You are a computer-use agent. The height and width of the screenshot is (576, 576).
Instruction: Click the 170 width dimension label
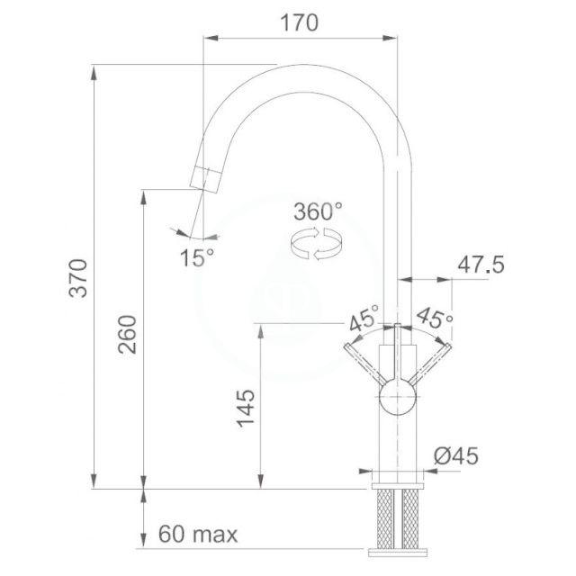[300, 22]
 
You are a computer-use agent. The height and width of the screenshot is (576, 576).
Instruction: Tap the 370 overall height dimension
[78, 278]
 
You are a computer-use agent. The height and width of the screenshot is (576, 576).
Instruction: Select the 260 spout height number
[127, 334]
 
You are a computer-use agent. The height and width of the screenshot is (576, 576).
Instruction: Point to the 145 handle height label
[246, 409]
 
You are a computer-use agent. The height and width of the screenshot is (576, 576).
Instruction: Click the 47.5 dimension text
[481, 264]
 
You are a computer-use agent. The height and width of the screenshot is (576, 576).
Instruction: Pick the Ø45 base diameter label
[456, 456]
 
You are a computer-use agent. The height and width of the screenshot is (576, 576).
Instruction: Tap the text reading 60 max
[198, 534]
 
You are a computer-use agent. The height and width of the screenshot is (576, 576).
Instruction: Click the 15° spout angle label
[197, 257]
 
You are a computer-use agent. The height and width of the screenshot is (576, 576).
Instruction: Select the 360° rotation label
[318, 211]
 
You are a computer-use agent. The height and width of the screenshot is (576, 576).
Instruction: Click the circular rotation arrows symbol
[316, 244]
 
